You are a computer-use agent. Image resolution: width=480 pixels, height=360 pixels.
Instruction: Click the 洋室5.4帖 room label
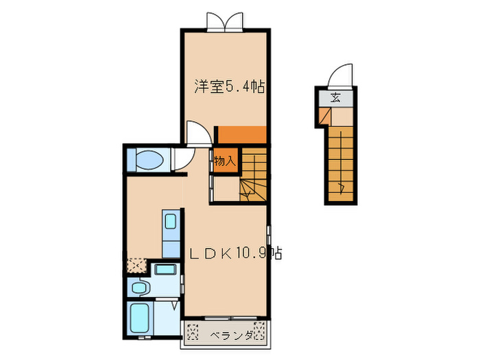(x=229, y=86)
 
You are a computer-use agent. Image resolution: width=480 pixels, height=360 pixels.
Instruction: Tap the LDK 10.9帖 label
(x=235, y=253)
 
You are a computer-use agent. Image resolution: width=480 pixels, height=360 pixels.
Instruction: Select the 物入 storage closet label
(x=226, y=160)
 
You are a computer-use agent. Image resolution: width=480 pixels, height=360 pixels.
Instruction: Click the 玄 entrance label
(x=335, y=98)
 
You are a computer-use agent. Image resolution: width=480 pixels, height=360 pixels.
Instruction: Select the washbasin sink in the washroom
(x=139, y=287)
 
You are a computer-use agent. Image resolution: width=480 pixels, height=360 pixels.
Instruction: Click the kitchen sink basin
(x=170, y=221)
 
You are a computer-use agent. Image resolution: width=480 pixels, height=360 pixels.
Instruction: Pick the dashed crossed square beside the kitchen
(x=136, y=265)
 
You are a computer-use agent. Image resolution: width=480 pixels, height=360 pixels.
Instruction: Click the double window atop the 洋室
(x=225, y=22)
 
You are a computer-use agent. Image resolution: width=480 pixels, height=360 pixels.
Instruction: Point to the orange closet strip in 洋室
(x=242, y=134)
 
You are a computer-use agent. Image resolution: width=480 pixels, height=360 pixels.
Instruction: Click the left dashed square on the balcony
(x=193, y=331)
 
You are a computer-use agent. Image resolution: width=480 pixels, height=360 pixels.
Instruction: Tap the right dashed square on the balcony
(x=259, y=331)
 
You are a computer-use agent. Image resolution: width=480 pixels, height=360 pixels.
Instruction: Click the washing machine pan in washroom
(x=165, y=269)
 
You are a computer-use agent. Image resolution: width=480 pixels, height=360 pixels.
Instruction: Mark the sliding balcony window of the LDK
(x=231, y=318)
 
